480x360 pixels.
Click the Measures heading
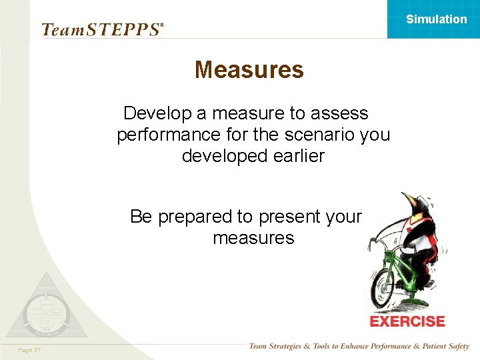tap(249, 69)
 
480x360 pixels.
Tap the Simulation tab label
tap(436, 19)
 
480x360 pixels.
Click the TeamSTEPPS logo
tap(102, 29)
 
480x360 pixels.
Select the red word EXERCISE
tap(407, 321)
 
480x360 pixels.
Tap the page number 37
tap(29, 350)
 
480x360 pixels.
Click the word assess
tap(339, 113)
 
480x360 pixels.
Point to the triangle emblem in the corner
tap(45, 307)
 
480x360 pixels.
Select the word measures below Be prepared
tap(253, 238)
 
